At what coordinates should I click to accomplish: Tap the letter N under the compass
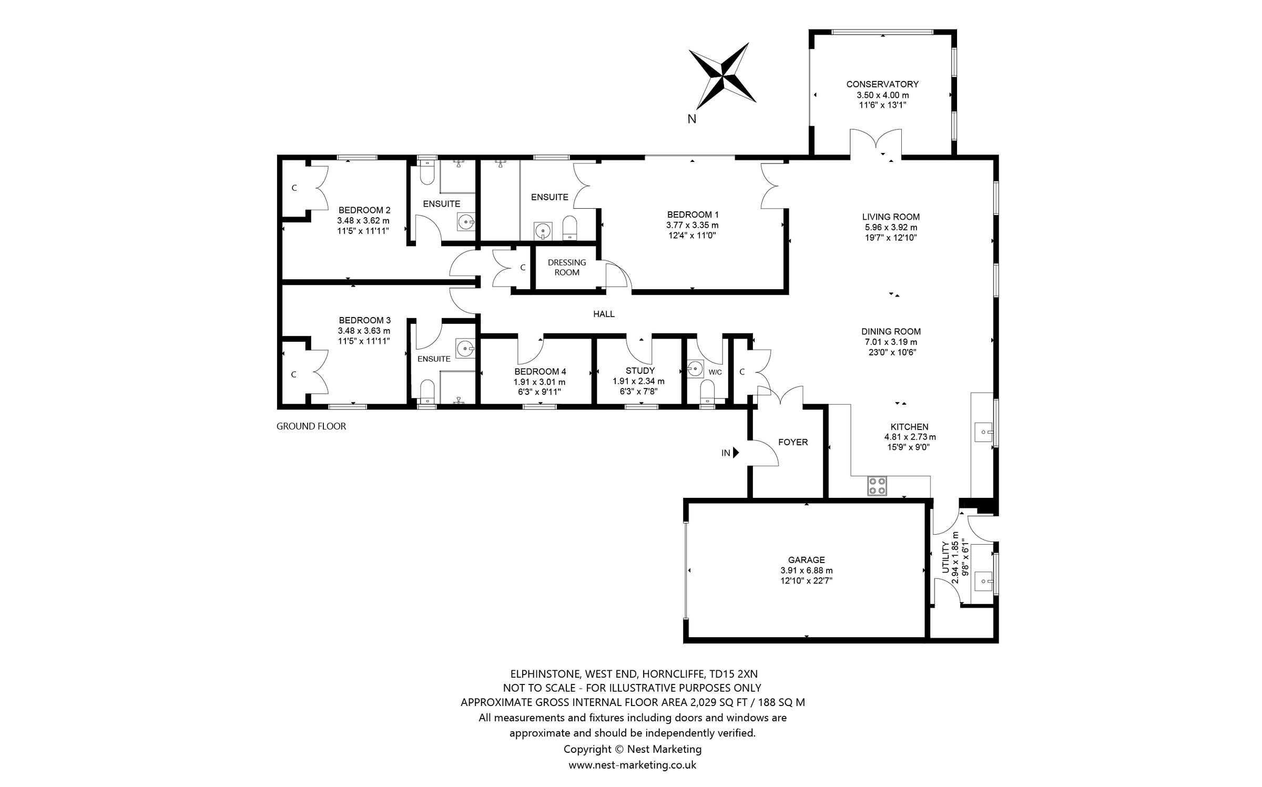691,119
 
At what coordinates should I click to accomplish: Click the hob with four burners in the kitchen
877,486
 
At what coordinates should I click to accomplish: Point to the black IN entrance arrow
736,453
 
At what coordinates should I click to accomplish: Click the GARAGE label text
806,560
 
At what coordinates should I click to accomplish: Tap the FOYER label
792,442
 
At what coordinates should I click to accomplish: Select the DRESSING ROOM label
567,267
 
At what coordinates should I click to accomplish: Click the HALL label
604,314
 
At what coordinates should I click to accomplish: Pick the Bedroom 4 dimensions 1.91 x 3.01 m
540,382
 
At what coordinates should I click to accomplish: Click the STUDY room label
640,371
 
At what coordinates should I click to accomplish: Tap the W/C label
715,372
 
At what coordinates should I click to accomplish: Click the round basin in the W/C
695,369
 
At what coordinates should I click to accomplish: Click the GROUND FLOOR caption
311,426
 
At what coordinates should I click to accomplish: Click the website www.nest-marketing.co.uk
632,765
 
